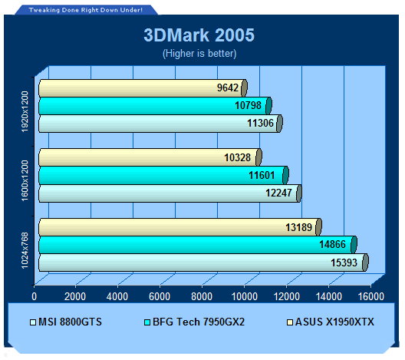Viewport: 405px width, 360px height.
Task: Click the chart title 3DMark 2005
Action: point(199,35)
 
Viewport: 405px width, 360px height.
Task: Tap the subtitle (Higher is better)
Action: point(199,54)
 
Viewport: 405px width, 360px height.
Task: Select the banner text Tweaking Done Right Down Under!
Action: point(85,10)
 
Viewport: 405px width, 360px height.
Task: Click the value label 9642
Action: point(228,88)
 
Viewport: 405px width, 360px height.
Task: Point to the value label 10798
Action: point(248,105)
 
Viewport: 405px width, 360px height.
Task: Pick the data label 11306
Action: point(260,123)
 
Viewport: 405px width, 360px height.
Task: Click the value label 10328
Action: point(237,157)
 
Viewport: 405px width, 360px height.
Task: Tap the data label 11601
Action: point(262,175)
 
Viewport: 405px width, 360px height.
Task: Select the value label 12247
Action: point(278,193)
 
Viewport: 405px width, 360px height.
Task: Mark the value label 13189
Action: point(298,227)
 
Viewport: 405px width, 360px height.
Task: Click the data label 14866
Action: point(332,245)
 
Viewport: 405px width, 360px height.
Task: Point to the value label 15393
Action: point(344,263)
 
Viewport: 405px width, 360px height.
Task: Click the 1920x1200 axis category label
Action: point(25,111)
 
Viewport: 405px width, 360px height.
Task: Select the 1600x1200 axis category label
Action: point(25,181)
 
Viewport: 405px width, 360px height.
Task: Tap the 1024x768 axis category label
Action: point(25,251)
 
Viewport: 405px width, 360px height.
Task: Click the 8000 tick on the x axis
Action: point(202,296)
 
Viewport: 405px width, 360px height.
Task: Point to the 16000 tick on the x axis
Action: point(371,296)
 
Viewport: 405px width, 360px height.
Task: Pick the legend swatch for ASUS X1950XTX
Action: point(290,322)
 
